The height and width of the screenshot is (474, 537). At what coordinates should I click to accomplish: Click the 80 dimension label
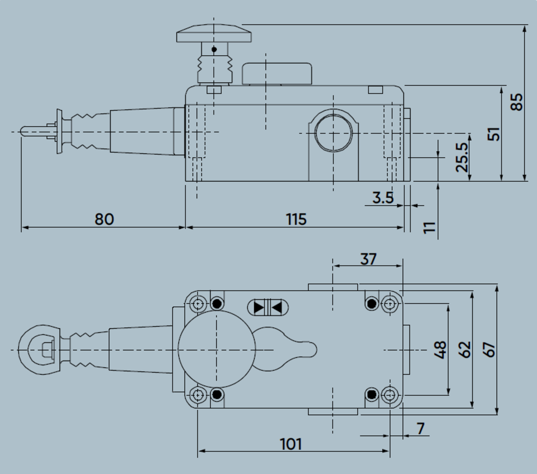(104, 219)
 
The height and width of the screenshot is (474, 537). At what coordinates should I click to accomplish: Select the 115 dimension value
(296, 219)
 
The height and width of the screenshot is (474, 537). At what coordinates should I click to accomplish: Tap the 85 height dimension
(516, 102)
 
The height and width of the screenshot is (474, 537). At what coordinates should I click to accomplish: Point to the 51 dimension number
(493, 134)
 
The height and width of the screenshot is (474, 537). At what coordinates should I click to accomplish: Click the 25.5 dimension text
(462, 157)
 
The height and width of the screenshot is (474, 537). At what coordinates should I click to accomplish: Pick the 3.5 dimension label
(383, 197)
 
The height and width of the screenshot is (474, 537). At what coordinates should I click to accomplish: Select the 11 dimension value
(429, 227)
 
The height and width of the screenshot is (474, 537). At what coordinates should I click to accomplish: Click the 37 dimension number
(368, 259)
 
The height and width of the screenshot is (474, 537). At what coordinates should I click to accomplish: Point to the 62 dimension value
(464, 350)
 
